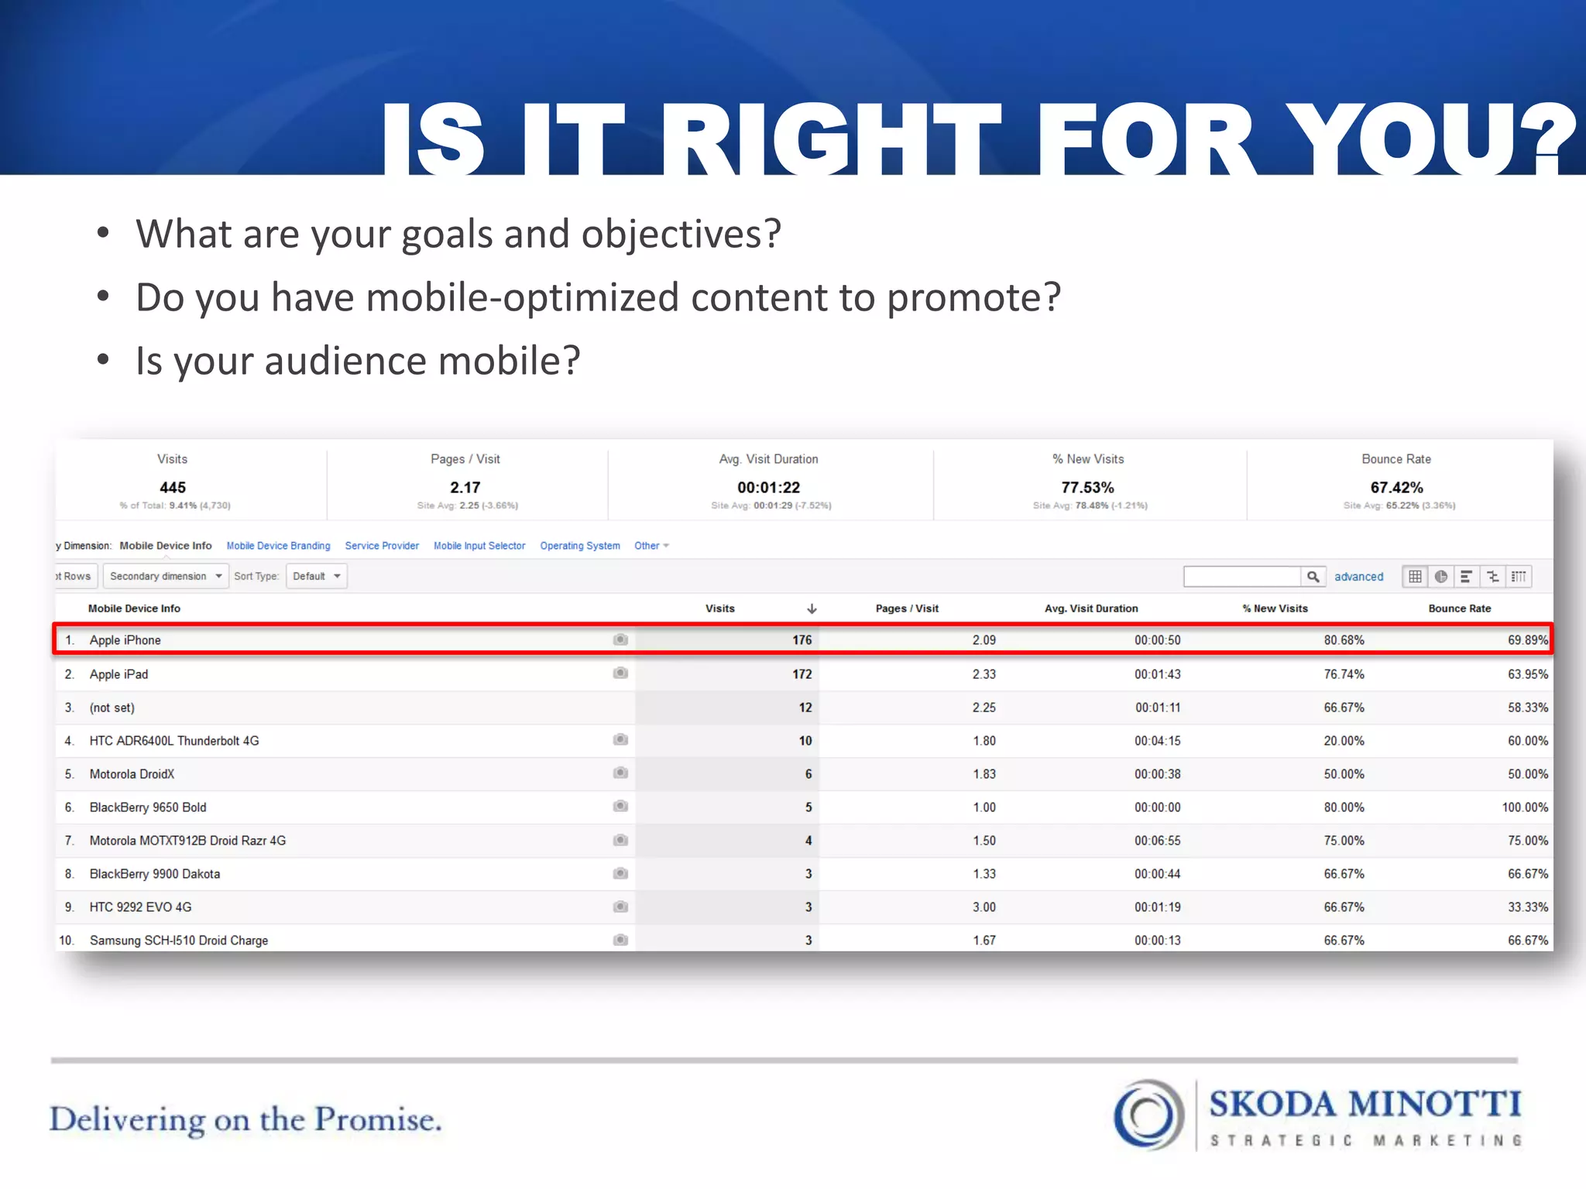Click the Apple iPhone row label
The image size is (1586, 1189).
coord(125,640)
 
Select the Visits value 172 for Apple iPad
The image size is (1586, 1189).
coord(802,674)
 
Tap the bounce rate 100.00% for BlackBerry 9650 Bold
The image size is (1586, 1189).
coord(1524,807)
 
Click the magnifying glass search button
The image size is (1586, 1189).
coord(1313,577)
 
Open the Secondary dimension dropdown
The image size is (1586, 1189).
coord(165,577)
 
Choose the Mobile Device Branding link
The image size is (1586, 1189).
coord(278,546)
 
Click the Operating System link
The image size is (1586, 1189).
coord(579,546)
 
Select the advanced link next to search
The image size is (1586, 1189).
coord(1358,577)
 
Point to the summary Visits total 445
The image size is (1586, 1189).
coord(172,488)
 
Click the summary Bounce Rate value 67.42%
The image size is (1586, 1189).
coord(1396,488)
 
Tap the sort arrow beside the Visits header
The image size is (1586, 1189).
coord(812,608)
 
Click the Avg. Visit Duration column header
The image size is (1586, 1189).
coord(1090,608)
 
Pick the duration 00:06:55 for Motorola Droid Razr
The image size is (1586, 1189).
coord(1157,841)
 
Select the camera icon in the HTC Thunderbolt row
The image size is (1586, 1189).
coord(620,740)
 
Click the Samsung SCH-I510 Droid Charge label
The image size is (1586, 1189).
coord(178,941)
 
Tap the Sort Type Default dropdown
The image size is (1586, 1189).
coord(316,577)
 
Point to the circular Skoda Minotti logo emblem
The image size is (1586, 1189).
coord(1148,1115)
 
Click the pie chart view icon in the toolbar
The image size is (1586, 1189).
coord(1440,577)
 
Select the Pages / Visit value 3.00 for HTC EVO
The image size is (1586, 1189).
coord(984,907)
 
